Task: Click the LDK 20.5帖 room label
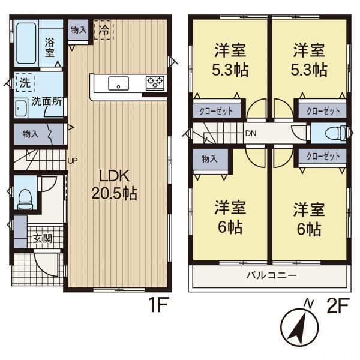115,185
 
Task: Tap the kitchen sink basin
118,83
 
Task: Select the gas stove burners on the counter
155,83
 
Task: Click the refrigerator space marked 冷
104,30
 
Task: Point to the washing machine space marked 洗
25,83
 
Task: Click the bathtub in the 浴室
26,43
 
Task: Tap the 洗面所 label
47,101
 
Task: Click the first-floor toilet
25,199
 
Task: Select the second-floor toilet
336,133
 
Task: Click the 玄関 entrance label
43,239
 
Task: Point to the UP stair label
73,161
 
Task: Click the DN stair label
251,133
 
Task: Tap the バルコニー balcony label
271,275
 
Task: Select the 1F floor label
159,304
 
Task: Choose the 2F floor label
338,305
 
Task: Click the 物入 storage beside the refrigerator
78,30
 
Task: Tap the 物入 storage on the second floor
210,159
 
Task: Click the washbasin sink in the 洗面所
21,109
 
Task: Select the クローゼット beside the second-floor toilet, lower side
323,157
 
